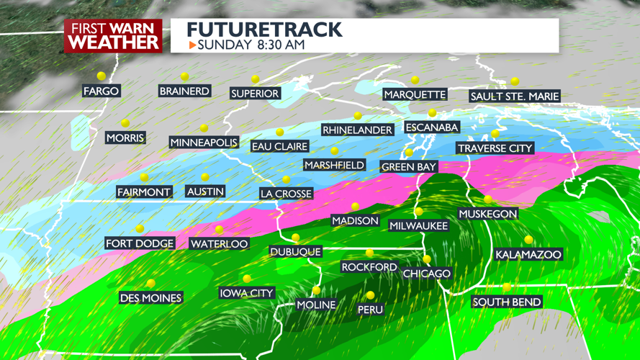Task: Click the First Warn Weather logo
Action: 114,35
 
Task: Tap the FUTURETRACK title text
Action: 264,30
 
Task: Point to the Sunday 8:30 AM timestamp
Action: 251,45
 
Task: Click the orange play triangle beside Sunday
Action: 192,45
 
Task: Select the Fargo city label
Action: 101,91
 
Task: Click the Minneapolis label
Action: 204,143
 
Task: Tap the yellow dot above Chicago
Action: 427,259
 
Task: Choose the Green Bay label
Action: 408,167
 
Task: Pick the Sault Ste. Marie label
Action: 514,96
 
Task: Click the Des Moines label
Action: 151,297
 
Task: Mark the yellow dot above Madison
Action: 355,207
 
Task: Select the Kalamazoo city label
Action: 528,254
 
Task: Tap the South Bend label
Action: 507,302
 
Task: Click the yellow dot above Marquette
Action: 415,80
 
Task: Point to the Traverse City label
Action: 495,148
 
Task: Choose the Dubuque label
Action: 295,251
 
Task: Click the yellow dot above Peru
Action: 370,295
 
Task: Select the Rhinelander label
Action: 358,130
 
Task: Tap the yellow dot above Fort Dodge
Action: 140,228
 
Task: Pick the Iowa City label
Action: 246,293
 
